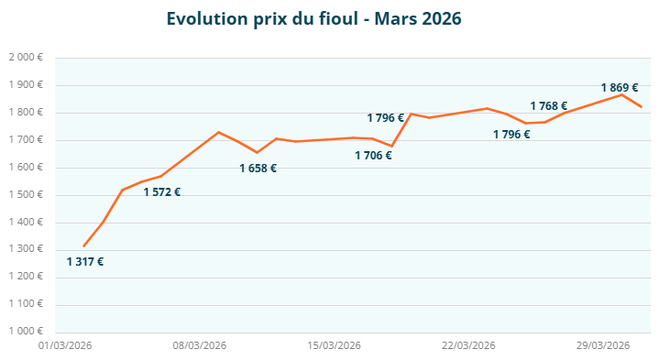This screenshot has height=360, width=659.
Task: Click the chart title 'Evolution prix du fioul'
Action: point(313,18)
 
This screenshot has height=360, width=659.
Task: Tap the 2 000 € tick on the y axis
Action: point(26,58)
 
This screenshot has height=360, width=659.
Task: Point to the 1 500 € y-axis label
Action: point(26,195)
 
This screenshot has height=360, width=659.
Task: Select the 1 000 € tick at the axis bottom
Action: point(26,332)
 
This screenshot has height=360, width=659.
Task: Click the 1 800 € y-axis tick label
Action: point(26,113)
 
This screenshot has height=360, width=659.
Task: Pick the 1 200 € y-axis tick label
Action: point(26,277)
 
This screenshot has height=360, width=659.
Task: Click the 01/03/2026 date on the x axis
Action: point(64,345)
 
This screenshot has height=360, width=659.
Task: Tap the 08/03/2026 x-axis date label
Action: point(199,345)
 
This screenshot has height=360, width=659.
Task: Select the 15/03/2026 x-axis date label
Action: point(334,345)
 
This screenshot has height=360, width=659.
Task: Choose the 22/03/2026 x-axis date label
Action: point(468,345)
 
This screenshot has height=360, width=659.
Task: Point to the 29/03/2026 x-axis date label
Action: point(603,345)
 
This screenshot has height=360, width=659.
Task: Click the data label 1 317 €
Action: point(85,262)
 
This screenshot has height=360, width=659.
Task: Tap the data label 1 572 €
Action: point(161,192)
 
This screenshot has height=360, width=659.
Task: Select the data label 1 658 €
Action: point(258,169)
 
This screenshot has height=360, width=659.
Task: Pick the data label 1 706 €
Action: point(373,156)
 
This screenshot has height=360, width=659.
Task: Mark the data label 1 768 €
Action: point(548,106)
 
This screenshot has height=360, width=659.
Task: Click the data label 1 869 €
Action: point(620,88)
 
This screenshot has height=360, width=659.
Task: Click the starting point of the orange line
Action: point(83,245)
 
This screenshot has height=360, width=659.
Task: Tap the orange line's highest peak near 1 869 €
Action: point(621,94)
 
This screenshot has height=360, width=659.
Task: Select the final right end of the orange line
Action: point(641,107)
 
